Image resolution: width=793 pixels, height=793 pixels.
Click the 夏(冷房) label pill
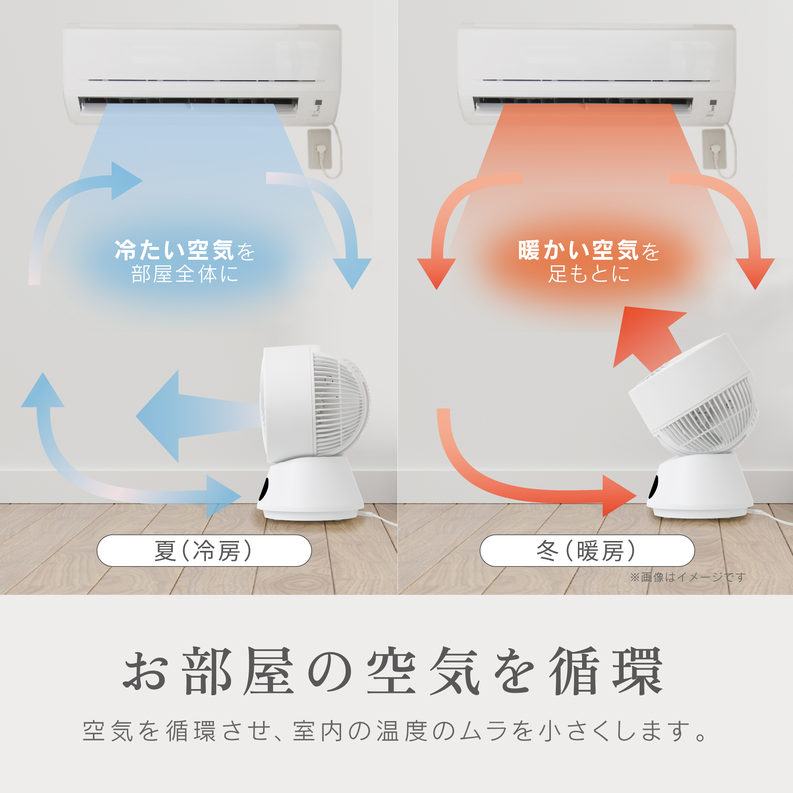(204, 550)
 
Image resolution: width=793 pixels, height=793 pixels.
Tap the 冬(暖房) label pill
(587, 550)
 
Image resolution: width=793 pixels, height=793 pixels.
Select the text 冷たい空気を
(185, 250)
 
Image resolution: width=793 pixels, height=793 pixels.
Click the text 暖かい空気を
(589, 250)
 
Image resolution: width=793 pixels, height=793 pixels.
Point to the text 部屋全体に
(185, 274)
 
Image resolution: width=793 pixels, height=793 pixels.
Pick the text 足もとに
(589, 274)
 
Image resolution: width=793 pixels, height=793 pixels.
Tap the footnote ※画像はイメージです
(688, 577)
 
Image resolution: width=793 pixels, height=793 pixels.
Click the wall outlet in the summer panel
(320, 149)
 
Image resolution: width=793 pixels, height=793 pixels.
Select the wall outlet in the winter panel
(714, 149)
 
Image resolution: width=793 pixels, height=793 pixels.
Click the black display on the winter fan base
(652, 487)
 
